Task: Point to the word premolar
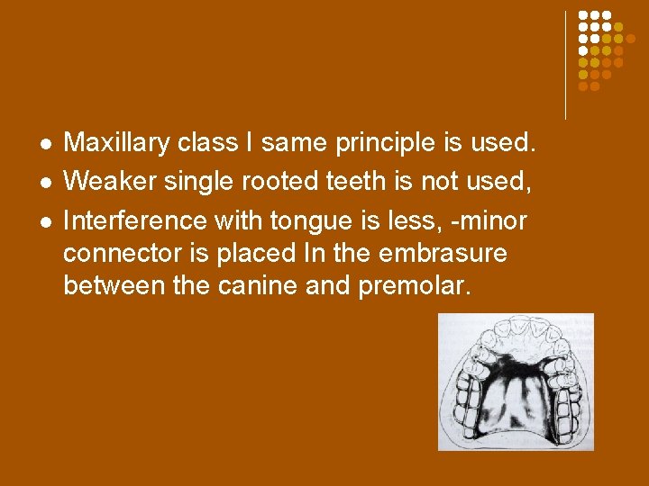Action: pos(418,287)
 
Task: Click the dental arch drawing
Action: pos(516,382)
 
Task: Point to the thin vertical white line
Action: pos(566,65)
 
